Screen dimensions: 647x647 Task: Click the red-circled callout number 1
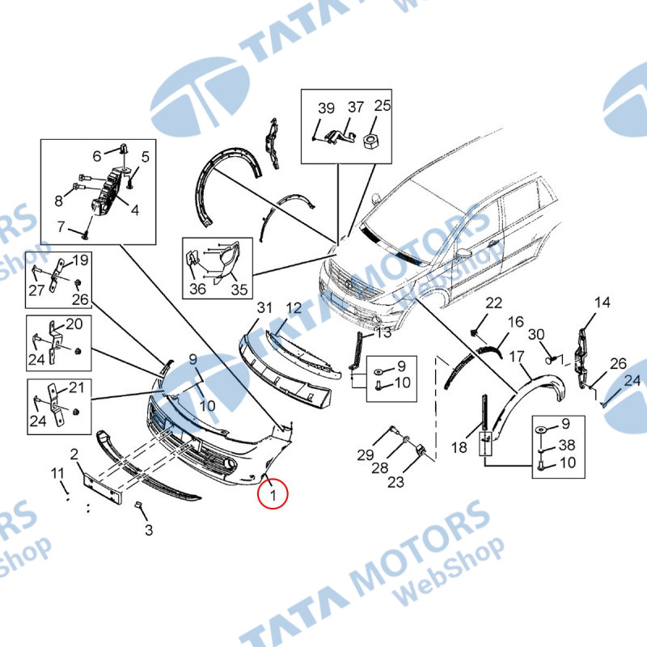pos(273,494)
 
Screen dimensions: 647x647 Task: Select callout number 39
pos(326,108)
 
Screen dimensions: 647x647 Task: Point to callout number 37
pos(356,107)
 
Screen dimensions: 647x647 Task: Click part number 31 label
pos(265,308)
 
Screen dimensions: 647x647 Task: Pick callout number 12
pos(294,308)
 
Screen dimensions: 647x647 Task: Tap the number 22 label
pos(493,302)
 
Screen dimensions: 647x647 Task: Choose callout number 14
pos(603,302)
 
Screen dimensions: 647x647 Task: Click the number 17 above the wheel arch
pos(517,356)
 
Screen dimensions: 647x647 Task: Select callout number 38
pos(567,445)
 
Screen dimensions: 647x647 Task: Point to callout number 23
pos(395,481)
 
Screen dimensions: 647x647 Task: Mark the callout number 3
pos(149,530)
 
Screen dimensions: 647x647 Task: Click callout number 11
pos(57,473)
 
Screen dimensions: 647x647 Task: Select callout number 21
pos(76,387)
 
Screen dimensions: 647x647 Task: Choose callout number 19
pos(80,260)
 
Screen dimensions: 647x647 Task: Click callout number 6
pos(97,156)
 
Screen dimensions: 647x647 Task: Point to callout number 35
pos(239,290)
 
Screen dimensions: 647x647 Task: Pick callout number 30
pos(536,334)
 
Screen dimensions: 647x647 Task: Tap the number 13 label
pos(383,332)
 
